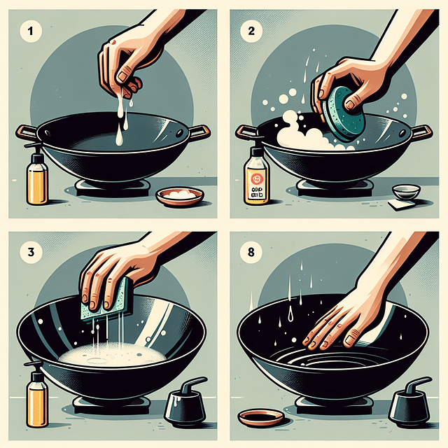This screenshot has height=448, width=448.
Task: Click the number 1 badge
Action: pyautogui.click(x=31, y=31)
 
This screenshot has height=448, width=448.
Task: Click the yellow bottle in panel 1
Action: pyautogui.click(x=37, y=181)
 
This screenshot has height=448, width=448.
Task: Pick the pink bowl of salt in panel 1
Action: pyautogui.click(x=180, y=197)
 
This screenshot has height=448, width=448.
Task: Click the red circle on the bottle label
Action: pyautogui.click(x=255, y=178)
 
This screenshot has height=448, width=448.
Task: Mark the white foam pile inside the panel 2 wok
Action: pyautogui.click(x=301, y=137)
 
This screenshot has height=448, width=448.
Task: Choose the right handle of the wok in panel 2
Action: pyautogui.click(x=421, y=132)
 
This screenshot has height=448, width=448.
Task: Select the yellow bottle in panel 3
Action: pyautogui.click(x=37, y=398)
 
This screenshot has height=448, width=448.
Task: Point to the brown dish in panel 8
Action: pyautogui.click(x=261, y=418)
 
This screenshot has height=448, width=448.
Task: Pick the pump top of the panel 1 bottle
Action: pyautogui.click(x=33, y=148)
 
